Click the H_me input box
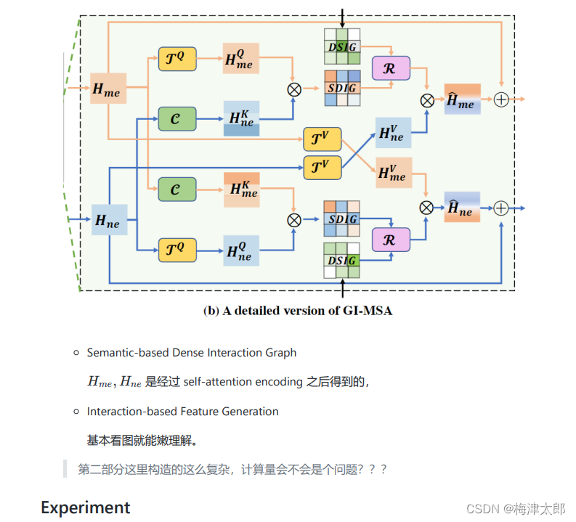108,90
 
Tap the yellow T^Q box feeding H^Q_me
177,58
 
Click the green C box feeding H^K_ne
177,118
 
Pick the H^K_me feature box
241,189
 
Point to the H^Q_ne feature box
241,250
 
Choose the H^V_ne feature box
392,133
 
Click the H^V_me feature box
392,172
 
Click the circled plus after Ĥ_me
501,100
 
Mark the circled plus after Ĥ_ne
501,208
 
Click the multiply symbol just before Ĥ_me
427,100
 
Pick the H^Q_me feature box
241,58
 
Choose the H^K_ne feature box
241,118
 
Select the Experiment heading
85,507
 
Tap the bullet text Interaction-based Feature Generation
182,412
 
